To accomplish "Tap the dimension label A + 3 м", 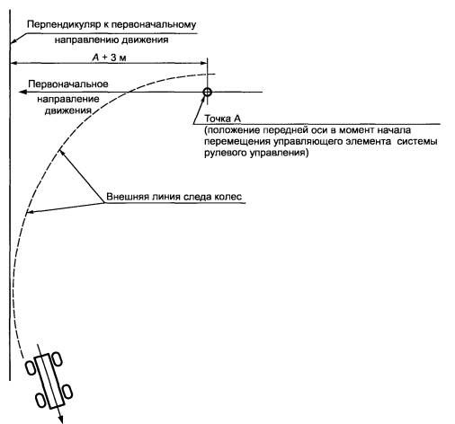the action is (x=109, y=57).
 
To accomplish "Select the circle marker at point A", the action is (x=207, y=92).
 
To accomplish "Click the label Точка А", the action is (x=222, y=119).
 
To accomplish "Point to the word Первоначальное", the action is (x=68, y=84).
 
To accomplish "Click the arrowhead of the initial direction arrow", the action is (x=22, y=92).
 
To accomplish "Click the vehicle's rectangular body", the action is (x=49, y=381).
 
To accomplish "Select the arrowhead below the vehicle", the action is (x=60, y=419).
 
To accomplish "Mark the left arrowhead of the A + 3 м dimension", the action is (x=14, y=63).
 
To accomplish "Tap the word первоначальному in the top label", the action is (x=154, y=24).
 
